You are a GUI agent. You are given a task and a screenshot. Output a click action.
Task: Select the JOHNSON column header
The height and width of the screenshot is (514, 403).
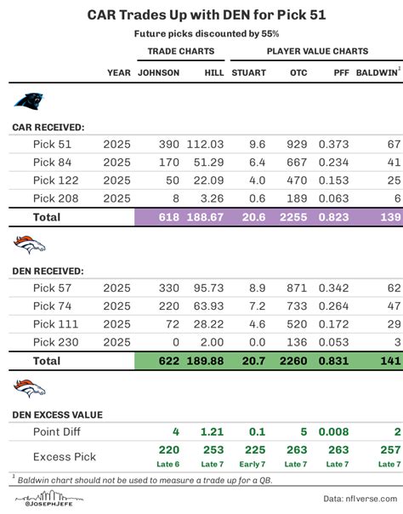coord(158,73)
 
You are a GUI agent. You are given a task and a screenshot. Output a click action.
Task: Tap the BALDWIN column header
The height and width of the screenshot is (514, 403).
coord(377,73)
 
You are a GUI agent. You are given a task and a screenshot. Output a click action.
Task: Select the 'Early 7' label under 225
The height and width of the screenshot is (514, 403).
coord(253,464)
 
